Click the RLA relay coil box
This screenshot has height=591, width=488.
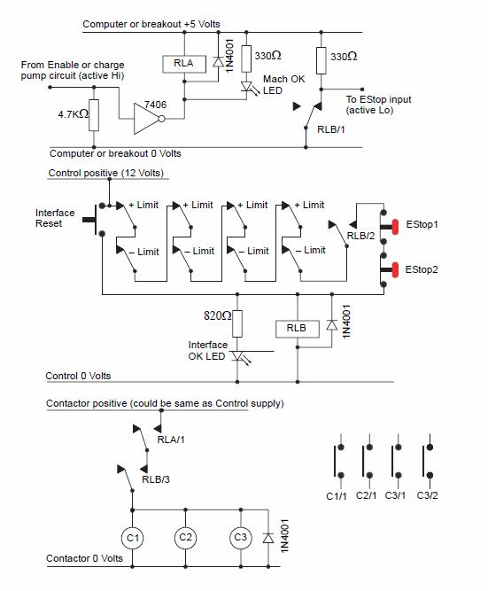click(184, 64)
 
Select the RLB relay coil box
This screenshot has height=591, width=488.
click(298, 329)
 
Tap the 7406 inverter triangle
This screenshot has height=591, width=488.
click(148, 119)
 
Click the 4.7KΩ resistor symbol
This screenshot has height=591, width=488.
click(94, 115)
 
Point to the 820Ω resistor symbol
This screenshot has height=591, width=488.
click(237, 323)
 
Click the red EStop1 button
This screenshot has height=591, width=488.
click(395, 227)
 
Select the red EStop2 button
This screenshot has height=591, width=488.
click(395, 270)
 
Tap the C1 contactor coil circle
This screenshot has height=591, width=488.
click(132, 538)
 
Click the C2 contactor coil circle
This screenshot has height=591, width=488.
click(185, 538)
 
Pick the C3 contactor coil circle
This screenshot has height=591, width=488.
click(240, 538)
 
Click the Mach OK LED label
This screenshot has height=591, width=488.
click(283, 85)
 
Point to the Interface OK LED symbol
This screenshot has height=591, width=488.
click(239, 356)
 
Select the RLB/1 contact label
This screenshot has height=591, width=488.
click(331, 129)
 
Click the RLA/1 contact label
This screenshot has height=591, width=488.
click(171, 439)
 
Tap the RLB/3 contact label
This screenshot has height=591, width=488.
click(156, 479)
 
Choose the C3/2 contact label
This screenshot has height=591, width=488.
click(427, 495)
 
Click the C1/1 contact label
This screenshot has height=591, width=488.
click(337, 496)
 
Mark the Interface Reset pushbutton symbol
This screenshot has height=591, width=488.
click(95, 220)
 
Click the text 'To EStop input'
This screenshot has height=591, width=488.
click(378, 99)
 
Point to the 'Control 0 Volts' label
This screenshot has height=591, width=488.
click(78, 376)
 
